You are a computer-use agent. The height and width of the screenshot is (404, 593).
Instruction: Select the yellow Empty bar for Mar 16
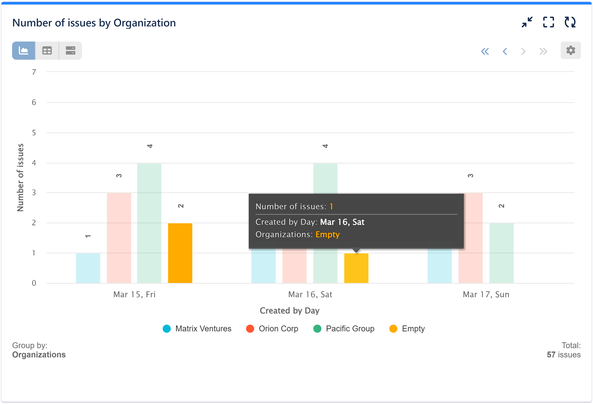tap(356, 268)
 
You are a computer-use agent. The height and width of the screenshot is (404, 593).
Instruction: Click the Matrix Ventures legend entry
tap(197, 329)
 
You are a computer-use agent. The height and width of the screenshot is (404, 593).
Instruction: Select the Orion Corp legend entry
tap(272, 329)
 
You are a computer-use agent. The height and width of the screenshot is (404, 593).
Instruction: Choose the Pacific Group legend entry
tap(344, 329)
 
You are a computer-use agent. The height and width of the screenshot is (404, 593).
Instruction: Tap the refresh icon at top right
tap(570, 22)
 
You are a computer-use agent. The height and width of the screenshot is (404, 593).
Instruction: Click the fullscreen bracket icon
tap(548, 22)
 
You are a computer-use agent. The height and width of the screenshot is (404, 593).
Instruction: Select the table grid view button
tap(47, 51)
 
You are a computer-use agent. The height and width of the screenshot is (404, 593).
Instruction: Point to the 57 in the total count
tap(551, 355)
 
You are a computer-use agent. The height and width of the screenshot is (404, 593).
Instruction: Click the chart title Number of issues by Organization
tap(94, 23)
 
